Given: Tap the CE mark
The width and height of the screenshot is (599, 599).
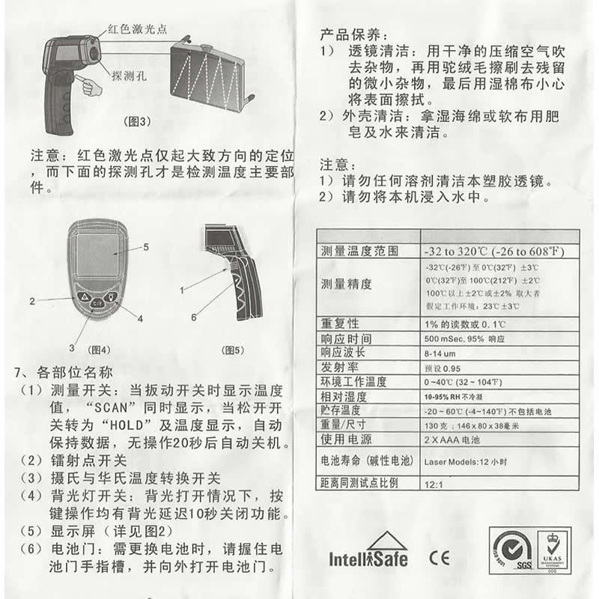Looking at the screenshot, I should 439,557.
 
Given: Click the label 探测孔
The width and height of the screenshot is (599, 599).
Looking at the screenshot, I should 128,76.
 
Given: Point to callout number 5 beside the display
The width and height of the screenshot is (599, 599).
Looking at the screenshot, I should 146,246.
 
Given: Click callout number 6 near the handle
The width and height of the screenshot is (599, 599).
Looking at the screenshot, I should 193,317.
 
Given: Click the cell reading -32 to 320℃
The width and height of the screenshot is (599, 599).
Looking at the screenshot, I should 494,250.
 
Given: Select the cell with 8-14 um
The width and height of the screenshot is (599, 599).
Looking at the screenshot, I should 440,353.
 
